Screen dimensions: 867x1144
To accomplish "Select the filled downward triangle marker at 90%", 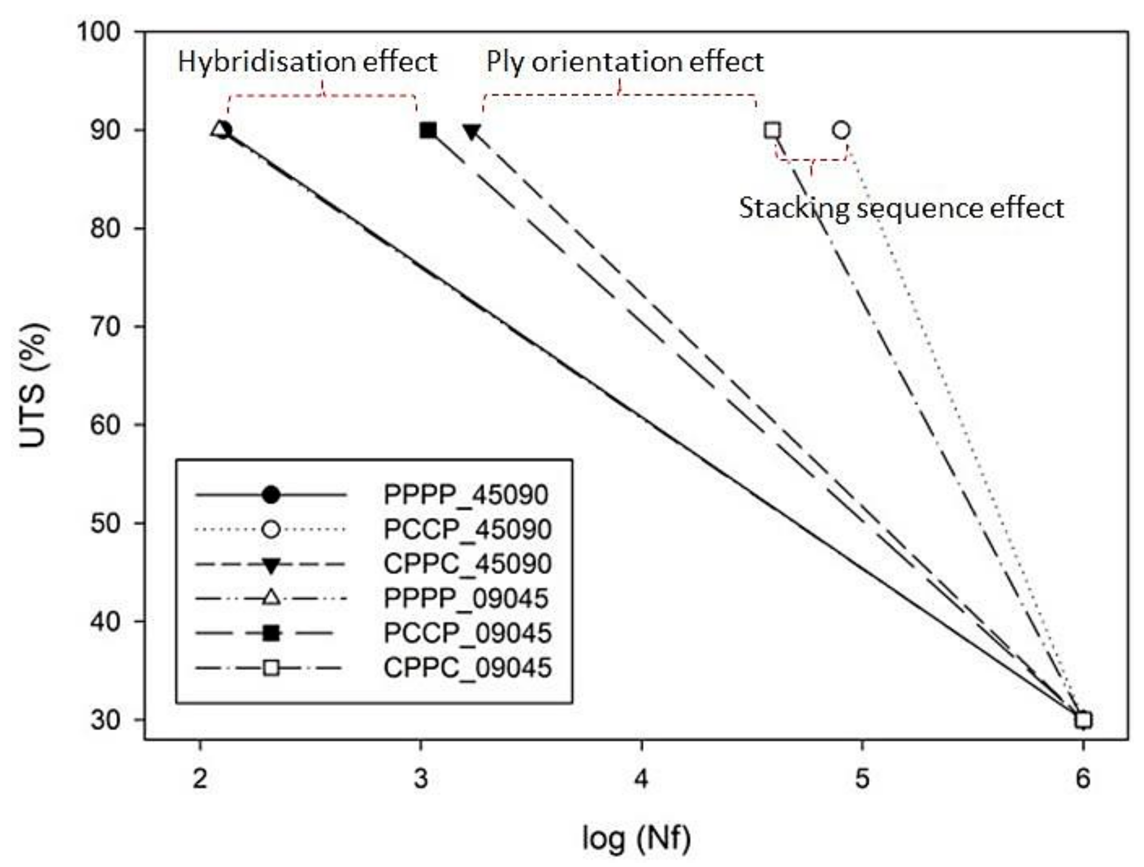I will [472, 132].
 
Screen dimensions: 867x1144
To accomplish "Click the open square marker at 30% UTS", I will [1084, 720].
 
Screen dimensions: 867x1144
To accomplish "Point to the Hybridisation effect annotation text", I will [308, 62].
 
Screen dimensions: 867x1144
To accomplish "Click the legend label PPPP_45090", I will [465, 495].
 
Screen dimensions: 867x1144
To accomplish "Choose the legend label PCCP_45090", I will [467, 530].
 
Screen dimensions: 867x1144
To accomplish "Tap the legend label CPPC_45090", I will [467, 564].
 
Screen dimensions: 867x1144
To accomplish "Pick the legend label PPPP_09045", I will [465, 598].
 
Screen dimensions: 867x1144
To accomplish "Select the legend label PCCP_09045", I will [467, 633].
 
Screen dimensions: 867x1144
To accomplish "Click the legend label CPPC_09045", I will [467, 668].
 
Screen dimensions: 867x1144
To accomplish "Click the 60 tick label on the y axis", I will [105, 425].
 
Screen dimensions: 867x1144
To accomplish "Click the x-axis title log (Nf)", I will [636, 838].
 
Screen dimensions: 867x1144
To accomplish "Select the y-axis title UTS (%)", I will [34, 386].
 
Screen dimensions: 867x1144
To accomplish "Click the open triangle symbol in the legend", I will [271, 598].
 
